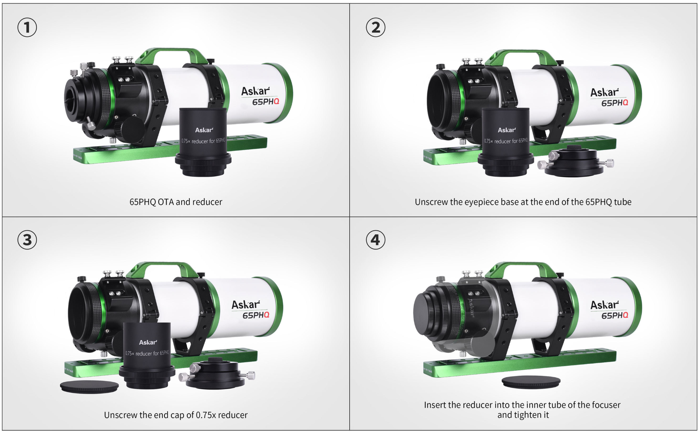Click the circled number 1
[x=27, y=28]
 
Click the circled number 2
[x=375, y=28]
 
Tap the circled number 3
[x=27, y=240]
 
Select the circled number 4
[x=375, y=240]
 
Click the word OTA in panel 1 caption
[x=166, y=202]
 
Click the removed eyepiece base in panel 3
[x=217, y=374]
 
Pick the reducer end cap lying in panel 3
[x=89, y=387]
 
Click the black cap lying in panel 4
[x=531, y=382]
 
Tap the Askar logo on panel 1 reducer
[x=204, y=130]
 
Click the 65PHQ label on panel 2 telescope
[x=614, y=103]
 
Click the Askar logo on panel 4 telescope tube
[x=604, y=305]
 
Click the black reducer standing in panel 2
[x=506, y=142]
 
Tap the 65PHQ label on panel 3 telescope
[x=256, y=315]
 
